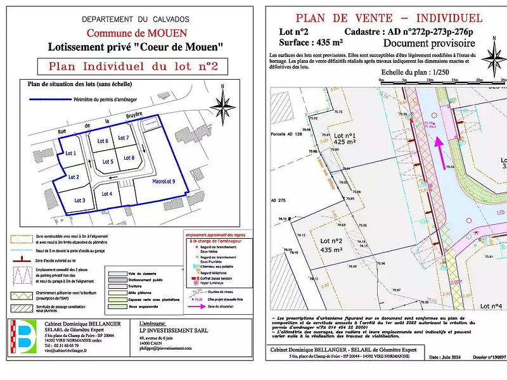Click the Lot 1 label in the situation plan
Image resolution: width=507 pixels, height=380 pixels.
pyautogui.click(x=70, y=153)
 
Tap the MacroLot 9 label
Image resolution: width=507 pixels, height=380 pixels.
pyautogui.click(x=164, y=182)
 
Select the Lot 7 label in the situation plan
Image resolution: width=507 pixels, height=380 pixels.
pyautogui.click(x=124, y=137)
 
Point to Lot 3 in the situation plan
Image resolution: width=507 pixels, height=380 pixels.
pyautogui.click(x=79, y=200)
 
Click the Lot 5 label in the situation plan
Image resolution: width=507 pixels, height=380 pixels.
pyautogui.click(x=107, y=162)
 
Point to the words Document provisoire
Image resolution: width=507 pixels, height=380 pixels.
pyautogui.click(x=429, y=43)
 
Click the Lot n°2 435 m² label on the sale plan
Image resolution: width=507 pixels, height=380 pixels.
pyautogui.click(x=331, y=245)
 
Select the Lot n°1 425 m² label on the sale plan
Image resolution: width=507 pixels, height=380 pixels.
pyautogui.click(x=345, y=139)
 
